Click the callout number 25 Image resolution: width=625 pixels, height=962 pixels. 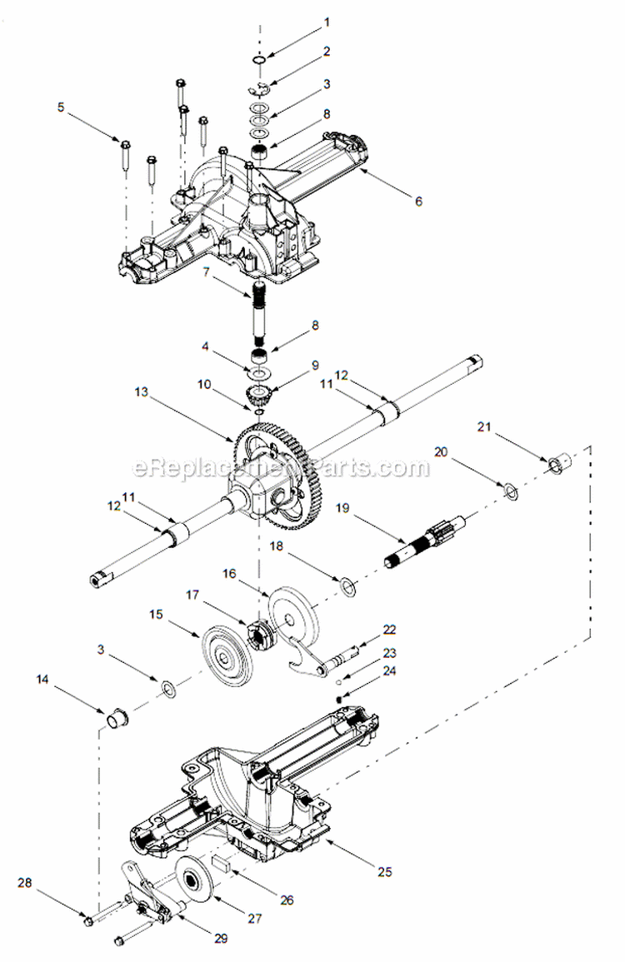click(383, 872)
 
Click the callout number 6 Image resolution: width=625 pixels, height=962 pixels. click(418, 201)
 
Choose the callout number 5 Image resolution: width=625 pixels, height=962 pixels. click(60, 107)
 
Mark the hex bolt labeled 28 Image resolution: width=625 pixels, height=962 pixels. click(88, 920)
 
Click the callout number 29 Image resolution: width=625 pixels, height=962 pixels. click(221, 938)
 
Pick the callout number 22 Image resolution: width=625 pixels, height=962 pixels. click(389, 629)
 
